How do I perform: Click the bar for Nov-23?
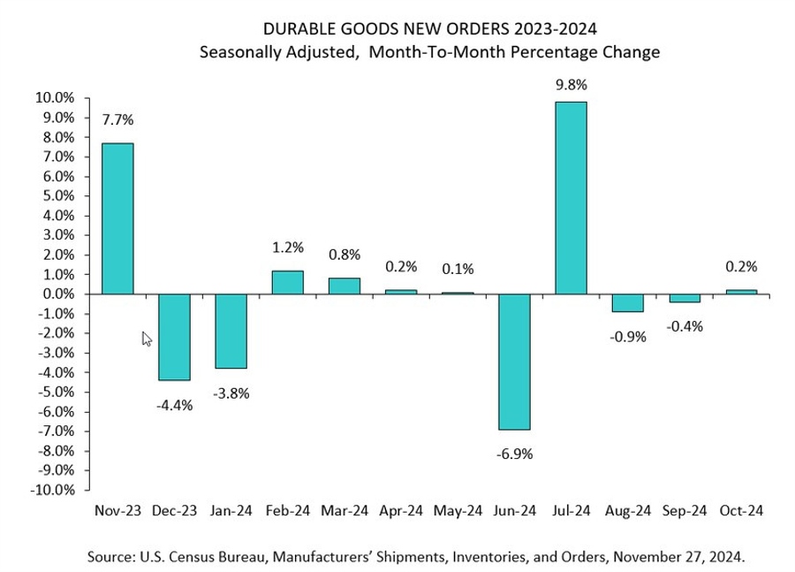coord(117,217)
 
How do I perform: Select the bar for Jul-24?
coord(570,197)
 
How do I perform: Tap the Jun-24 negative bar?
coord(513,362)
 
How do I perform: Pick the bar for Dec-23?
coord(174,337)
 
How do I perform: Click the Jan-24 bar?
coord(231,331)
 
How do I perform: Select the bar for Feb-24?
coord(287,282)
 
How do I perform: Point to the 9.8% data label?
coord(571,85)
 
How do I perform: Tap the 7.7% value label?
coord(118,119)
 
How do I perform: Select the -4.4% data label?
coord(175,405)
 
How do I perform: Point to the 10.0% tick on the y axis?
coord(54,98)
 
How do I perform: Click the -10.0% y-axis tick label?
coord(51,490)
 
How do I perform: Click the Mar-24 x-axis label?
coord(344,510)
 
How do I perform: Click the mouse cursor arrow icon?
coord(147,339)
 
